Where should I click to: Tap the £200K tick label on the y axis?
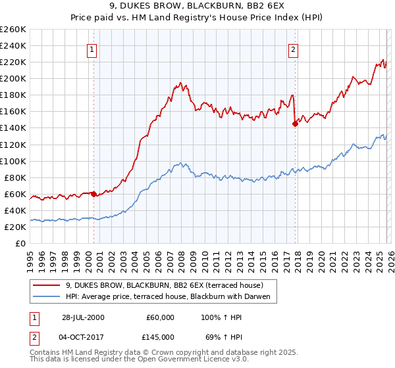pyautogui.click(x=13, y=78)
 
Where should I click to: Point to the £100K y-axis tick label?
pyautogui.click(x=13, y=161)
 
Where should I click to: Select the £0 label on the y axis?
pyautogui.click(x=20, y=243)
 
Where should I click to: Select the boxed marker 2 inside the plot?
pyautogui.click(x=292, y=49)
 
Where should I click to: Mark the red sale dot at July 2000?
pyautogui.click(x=94, y=194)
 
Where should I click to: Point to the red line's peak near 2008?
pyautogui.click(x=179, y=83)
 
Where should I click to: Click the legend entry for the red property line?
pyautogui.click(x=165, y=285)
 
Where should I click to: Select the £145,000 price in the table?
pyautogui.click(x=160, y=336)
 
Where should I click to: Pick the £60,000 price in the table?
pyautogui.click(x=160, y=317)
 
